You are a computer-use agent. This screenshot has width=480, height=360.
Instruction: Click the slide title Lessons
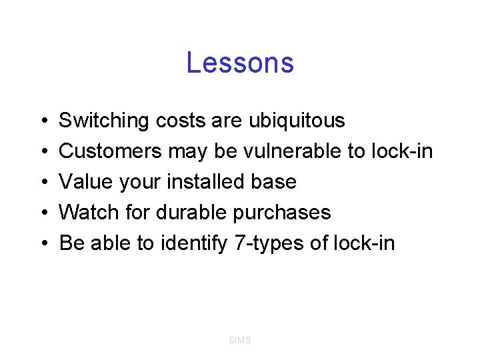240,63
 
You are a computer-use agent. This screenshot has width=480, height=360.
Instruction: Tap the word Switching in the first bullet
104,121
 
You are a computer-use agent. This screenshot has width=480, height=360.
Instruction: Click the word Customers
110,152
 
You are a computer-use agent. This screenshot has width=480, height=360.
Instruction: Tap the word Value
84,182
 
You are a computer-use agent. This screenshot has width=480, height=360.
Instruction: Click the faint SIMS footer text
240,341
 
